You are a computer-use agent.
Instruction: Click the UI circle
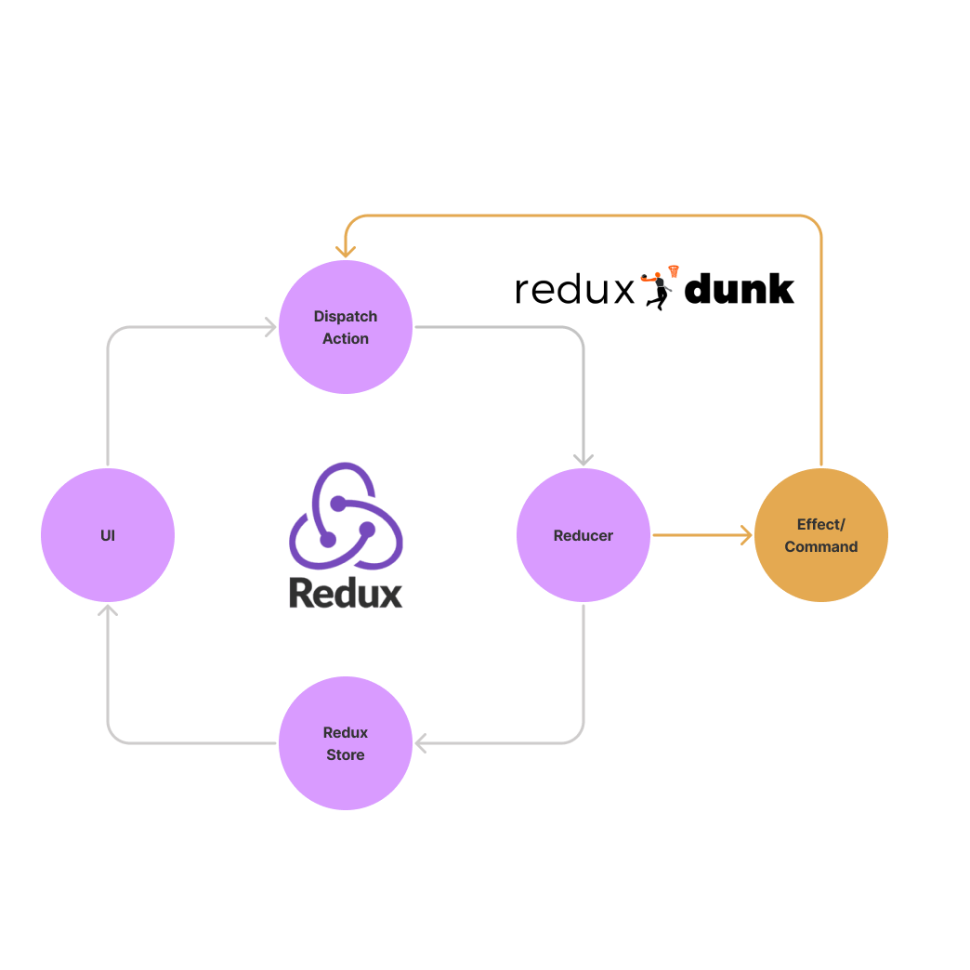pos(108,535)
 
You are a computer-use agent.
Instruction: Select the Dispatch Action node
pos(346,327)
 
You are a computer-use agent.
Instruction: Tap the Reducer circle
pos(583,535)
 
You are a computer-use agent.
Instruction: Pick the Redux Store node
pos(346,743)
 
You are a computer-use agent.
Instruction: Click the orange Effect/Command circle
pos(820,535)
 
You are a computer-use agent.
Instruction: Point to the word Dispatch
pos(346,317)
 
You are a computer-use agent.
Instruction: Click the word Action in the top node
pos(346,339)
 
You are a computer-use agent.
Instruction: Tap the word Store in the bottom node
pos(346,755)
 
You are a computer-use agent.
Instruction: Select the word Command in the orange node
pos(820,547)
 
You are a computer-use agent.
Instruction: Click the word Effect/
pos(820,525)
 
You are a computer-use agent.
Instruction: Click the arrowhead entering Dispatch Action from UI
pos(270,327)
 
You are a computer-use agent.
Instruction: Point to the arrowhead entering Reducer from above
pos(583,459)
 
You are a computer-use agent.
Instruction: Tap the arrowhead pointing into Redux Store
pos(421,743)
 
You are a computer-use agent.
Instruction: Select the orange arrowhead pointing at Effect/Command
pos(745,535)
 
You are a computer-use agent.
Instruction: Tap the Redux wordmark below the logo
pos(346,593)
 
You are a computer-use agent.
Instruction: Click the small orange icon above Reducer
pos(661,277)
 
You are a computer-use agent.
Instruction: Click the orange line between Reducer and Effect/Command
pos(697,535)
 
